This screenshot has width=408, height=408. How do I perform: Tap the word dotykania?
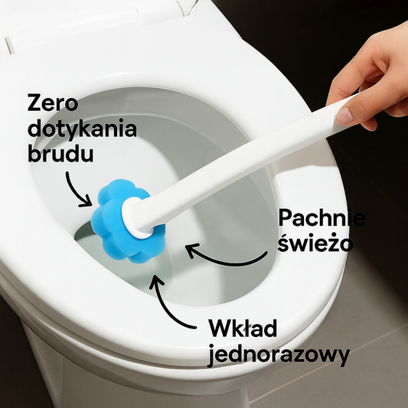click(82, 128)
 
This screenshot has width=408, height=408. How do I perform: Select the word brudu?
click(60, 153)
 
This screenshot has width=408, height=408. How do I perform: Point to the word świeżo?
click(315, 243)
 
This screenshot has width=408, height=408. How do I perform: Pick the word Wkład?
click(250, 330)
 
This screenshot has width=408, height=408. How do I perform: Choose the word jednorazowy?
click(279, 355)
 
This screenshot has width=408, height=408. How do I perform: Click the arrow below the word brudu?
click(76, 188)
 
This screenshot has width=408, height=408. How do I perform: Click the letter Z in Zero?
click(34, 103)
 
